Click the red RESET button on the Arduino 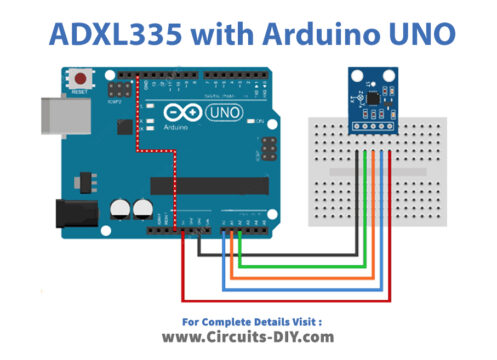pos(79,76)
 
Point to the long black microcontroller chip pos(209,185)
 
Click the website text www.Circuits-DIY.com pos(248,337)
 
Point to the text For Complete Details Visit pos(248,321)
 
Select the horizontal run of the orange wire pos(300,275)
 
